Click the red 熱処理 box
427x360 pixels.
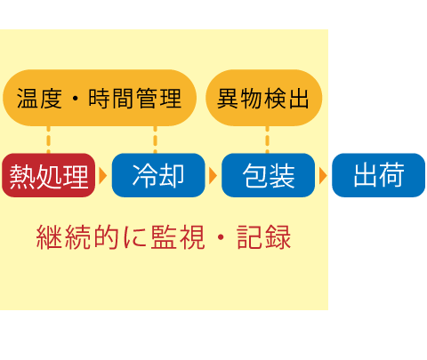pos(48,175)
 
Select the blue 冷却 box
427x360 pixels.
pos(158,175)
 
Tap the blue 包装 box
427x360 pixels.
pos(268,175)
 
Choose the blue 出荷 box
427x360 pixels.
pos(378,175)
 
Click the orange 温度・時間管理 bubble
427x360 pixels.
pos(100,98)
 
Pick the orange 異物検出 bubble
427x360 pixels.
pos(263,98)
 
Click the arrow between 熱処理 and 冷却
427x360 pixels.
pos(102,176)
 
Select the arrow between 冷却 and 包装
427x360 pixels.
pos(213,176)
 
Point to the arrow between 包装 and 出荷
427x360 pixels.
pos(323,176)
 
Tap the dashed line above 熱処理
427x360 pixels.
pos(49,140)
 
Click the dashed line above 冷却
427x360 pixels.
pos(155,140)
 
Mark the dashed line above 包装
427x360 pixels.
pos(267,140)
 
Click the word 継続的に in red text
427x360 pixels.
pos(92,237)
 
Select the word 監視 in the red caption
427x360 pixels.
pos(178,237)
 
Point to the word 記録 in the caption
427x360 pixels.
pos(264,237)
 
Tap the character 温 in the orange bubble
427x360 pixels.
pos(27,99)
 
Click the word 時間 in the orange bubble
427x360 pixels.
pos(110,99)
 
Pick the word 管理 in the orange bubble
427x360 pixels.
pos(158,99)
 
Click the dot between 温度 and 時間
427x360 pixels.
pos(76,99)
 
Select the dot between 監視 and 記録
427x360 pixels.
pos(221,237)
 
